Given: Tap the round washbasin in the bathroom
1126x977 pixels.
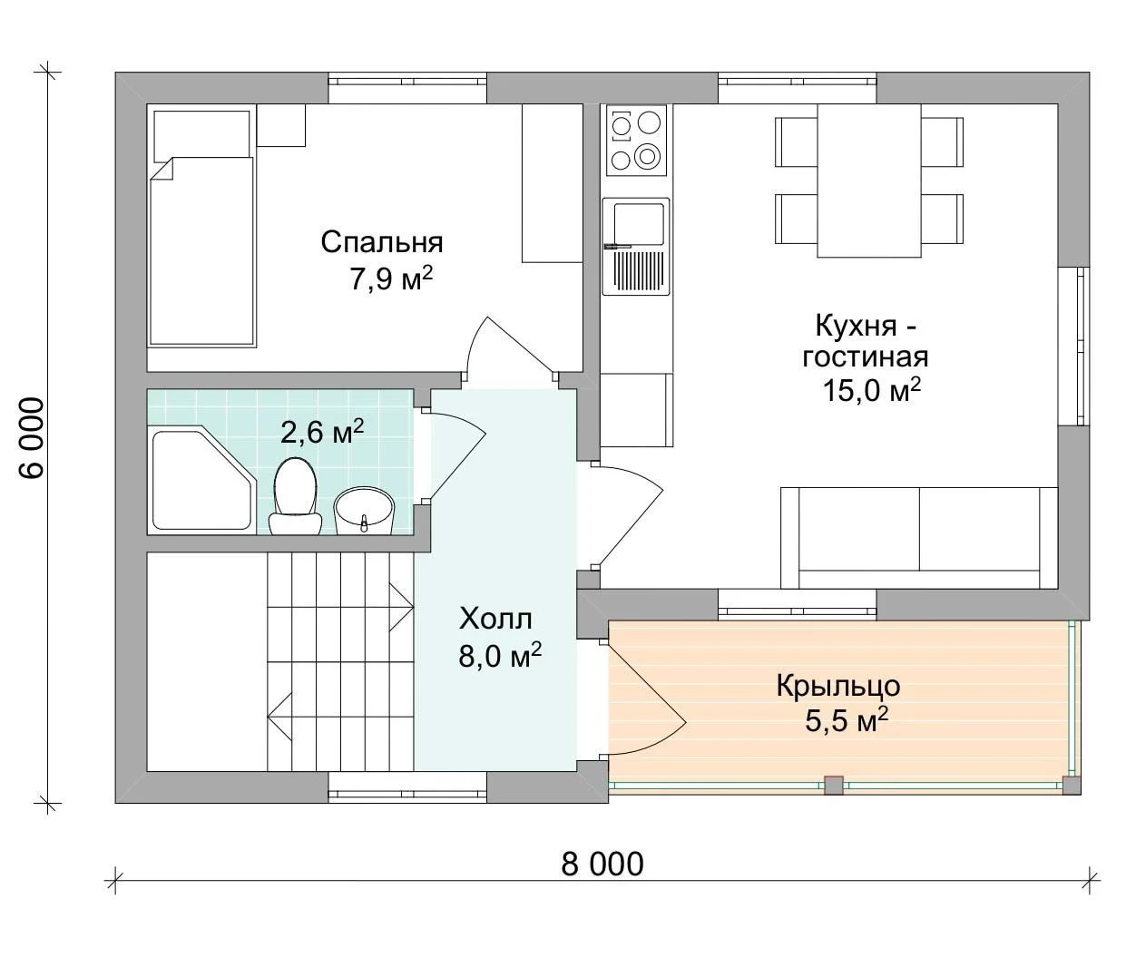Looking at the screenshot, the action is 365,511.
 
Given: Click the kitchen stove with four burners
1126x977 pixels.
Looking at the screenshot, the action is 636,141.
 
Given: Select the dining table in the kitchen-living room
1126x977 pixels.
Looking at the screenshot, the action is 869,181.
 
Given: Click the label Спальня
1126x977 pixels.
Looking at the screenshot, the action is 382,242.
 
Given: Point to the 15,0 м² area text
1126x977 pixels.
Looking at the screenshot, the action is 872,391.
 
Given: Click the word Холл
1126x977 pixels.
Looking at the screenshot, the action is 495,619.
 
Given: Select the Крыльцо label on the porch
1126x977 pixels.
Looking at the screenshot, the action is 838,687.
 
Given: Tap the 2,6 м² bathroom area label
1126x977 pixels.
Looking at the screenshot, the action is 322,432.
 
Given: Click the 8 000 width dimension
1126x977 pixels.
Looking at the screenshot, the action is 602,865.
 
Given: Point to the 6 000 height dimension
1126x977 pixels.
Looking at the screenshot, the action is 31,438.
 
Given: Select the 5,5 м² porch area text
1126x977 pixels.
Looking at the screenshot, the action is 847,720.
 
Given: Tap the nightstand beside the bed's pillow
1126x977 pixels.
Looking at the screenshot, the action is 280,125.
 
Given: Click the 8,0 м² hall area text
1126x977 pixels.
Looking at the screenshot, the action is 500,655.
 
